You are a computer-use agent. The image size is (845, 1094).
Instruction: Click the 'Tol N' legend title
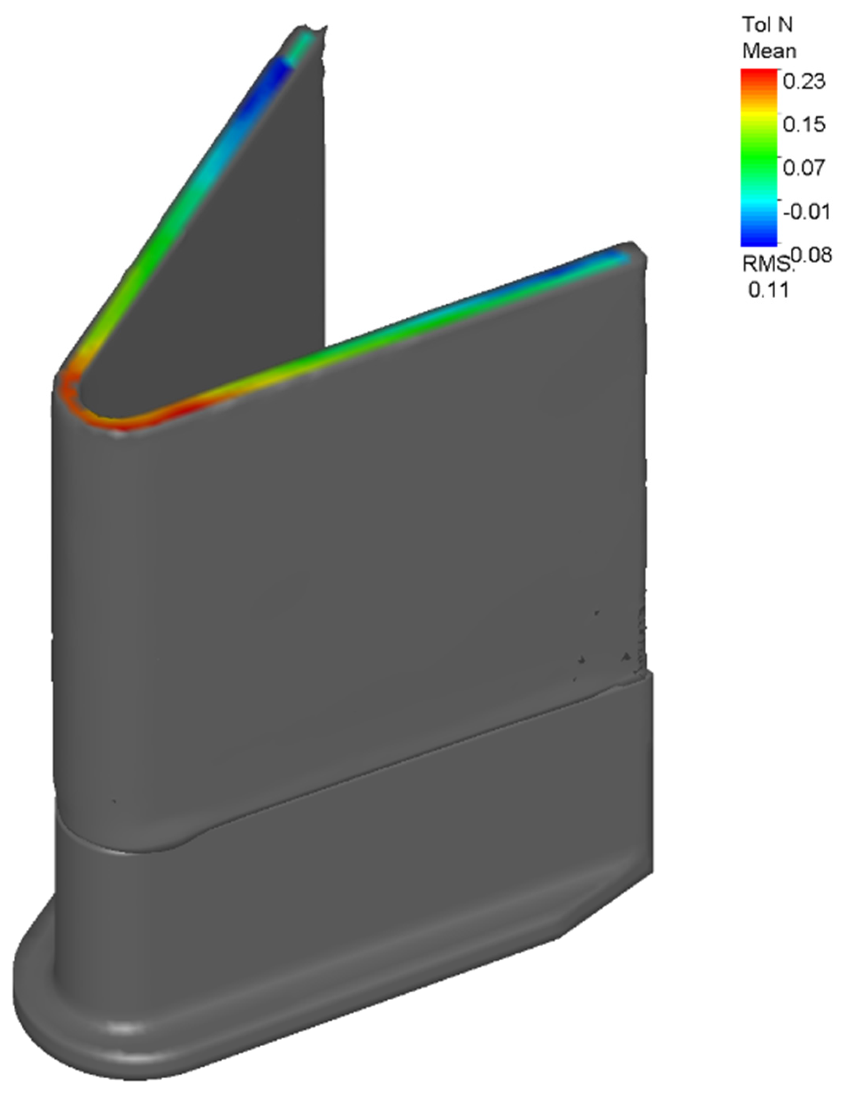pos(767,24)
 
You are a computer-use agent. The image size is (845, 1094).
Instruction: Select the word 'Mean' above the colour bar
pos(769,51)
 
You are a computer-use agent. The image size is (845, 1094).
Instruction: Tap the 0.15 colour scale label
pos(804,124)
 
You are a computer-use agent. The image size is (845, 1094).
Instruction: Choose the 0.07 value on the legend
pos(804,167)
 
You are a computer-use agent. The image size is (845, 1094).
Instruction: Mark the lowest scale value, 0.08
pos(811,255)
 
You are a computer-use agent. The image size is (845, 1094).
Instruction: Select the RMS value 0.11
pos(768,290)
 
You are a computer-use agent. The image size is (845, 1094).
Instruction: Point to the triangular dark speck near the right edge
pos(625,656)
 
